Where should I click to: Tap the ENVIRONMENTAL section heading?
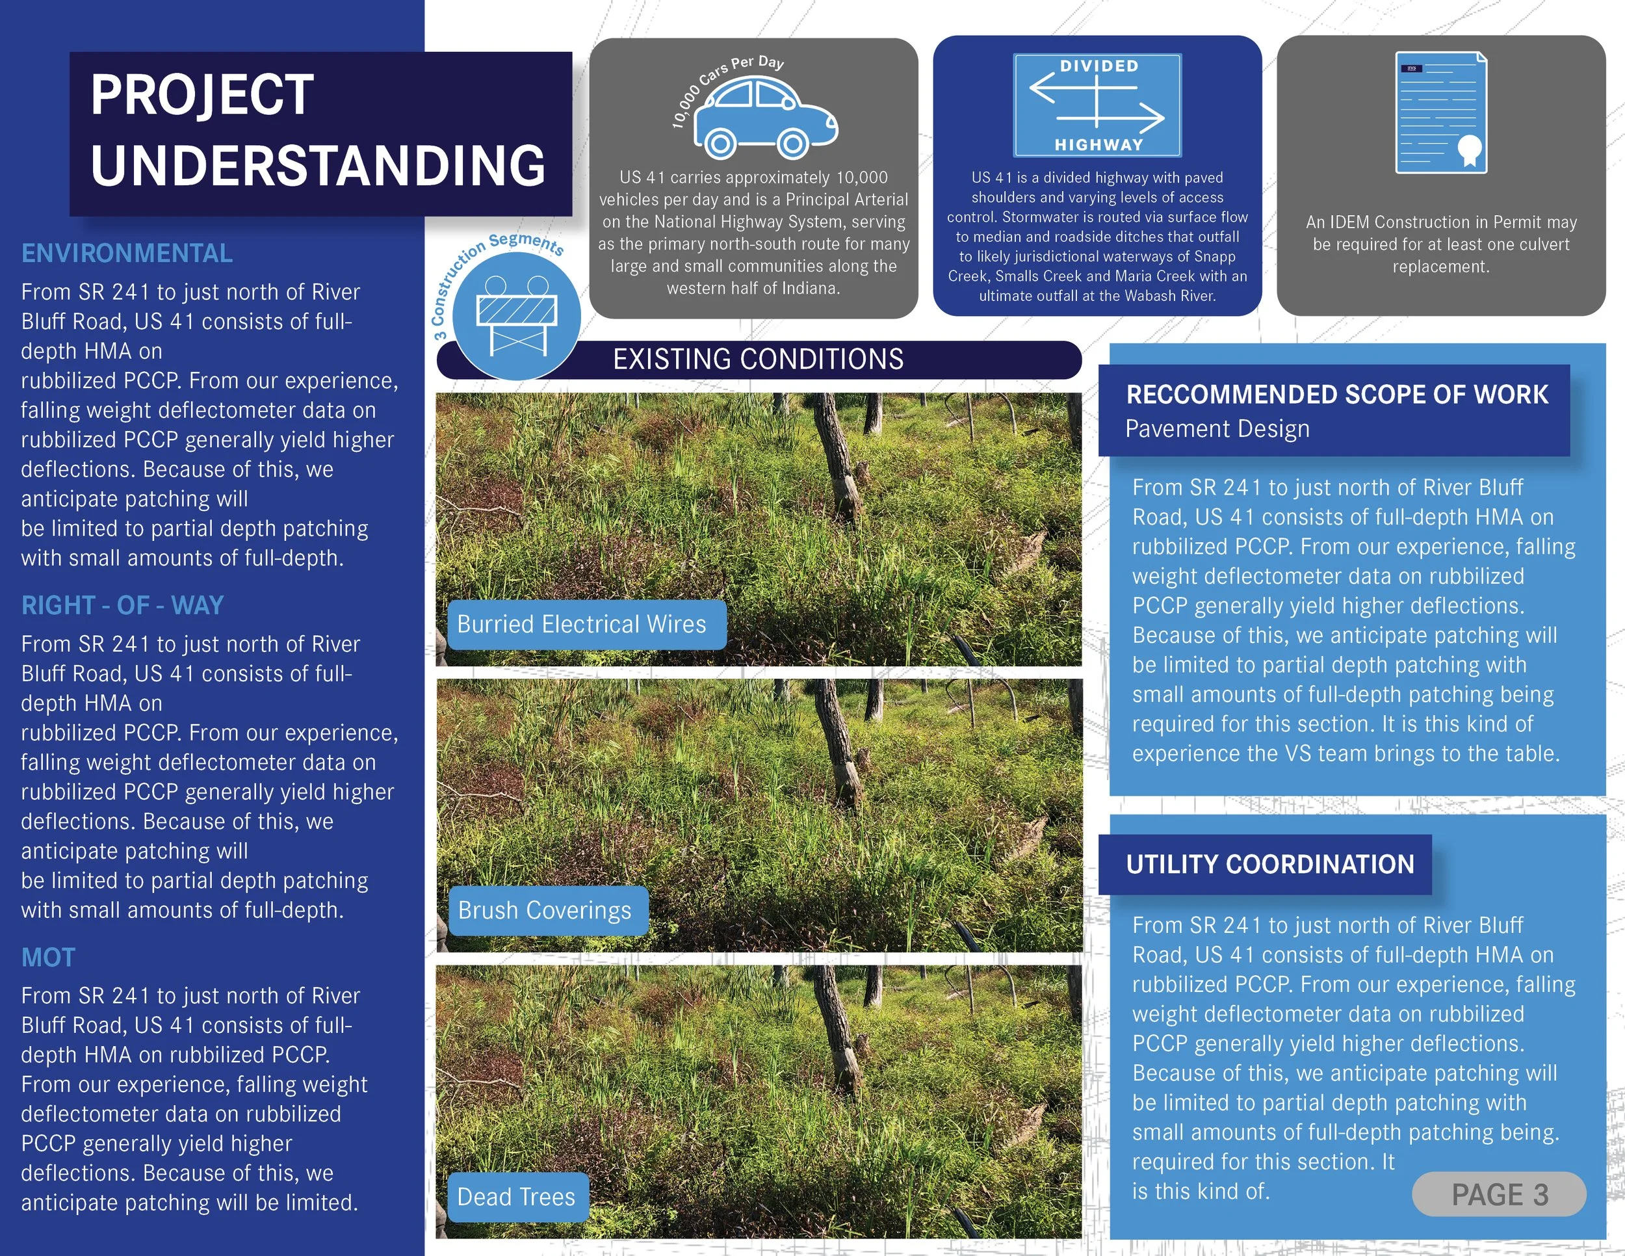pos(127,254)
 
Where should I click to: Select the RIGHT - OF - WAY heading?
pos(122,606)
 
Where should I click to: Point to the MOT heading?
pos(48,958)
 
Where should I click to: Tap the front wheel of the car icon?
pos(793,142)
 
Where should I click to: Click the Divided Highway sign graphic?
pos(1097,105)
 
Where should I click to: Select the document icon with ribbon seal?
pos(1440,112)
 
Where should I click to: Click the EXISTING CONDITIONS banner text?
pos(757,360)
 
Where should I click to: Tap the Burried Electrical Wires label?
pos(581,624)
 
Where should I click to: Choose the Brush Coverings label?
pos(544,911)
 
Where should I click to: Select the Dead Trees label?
pos(515,1197)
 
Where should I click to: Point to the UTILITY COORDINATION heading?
pos(1269,865)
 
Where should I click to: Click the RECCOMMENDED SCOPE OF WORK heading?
pos(1336,395)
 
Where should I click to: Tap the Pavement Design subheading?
pos(1217,429)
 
